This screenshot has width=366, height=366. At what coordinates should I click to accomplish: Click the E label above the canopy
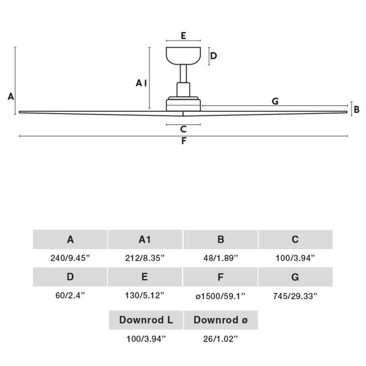click(183, 36)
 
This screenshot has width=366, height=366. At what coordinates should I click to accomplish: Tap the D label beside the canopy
click(214, 56)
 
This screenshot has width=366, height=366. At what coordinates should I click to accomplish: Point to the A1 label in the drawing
click(141, 83)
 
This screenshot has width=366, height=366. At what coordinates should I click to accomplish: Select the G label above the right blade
click(275, 101)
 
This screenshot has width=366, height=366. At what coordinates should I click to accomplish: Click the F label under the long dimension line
click(184, 141)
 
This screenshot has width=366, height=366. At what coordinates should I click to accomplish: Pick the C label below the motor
click(183, 129)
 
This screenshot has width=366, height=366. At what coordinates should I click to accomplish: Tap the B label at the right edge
click(356, 109)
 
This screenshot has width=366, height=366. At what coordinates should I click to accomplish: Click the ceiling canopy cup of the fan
click(183, 56)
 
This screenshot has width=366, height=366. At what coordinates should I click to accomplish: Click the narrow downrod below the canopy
click(183, 74)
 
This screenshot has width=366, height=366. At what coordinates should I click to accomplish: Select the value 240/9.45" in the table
click(70, 258)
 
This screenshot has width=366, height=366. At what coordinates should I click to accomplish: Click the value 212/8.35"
click(145, 258)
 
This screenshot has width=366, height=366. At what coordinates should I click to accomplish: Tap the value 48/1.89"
click(221, 258)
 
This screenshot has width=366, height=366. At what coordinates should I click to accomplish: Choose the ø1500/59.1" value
click(221, 296)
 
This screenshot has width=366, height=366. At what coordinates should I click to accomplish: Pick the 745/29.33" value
click(295, 296)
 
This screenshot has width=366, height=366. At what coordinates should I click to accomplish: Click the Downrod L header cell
click(146, 320)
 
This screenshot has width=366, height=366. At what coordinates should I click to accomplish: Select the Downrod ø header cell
click(221, 320)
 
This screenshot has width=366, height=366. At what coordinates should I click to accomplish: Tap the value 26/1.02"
click(221, 339)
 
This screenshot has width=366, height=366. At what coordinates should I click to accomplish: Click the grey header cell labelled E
click(145, 277)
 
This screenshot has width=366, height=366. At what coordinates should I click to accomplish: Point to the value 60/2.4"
click(70, 295)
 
